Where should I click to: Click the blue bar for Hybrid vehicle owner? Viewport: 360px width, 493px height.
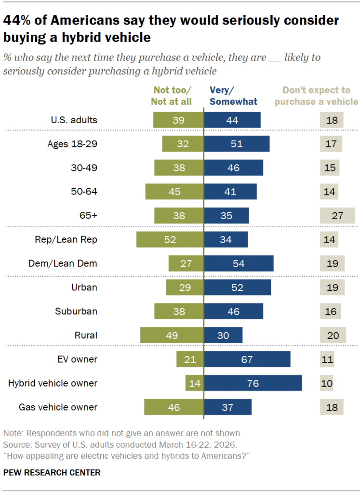(253, 383)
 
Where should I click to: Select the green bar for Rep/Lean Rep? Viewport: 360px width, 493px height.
(170, 240)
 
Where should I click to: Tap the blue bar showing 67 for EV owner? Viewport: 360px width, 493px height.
(247, 359)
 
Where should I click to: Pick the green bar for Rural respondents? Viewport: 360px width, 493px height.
(172, 336)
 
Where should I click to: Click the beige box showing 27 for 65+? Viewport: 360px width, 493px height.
(337, 216)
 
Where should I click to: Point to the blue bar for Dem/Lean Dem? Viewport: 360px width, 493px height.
(239, 263)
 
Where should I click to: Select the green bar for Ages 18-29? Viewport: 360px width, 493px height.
(183, 144)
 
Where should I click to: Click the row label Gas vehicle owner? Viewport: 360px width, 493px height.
(58, 407)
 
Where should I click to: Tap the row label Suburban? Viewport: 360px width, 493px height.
(76, 311)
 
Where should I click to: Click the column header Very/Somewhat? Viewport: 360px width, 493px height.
(234, 96)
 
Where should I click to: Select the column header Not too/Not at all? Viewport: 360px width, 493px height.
(172, 96)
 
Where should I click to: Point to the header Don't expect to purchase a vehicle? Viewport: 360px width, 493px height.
(320, 96)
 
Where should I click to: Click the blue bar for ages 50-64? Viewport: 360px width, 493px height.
(230, 192)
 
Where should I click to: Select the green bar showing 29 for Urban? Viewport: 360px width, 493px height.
(185, 287)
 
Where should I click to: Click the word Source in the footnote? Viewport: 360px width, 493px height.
(15, 443)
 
